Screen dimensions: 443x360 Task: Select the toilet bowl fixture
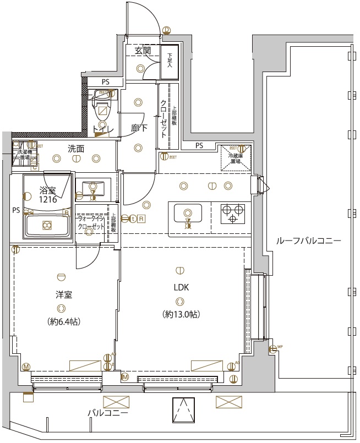pos(102,112)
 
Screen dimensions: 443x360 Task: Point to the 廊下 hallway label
pos(139,128)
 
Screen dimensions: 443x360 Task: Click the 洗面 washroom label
pos(76,148)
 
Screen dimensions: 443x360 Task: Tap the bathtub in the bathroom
pos(47,225)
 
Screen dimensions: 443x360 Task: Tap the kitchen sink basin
pos(188,213)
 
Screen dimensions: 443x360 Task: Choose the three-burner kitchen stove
pos(232,213)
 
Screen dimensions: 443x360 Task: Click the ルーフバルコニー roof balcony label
pos(308,241)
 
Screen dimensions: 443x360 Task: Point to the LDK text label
pos(181,288)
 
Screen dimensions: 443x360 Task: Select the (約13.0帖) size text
pos(181,314)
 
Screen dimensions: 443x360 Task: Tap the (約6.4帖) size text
pos(63,321)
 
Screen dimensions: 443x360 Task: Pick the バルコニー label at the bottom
pos(108,413)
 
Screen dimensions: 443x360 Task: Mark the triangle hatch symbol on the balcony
pos(184,409)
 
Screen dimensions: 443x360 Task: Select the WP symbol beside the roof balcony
pos(273,348)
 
